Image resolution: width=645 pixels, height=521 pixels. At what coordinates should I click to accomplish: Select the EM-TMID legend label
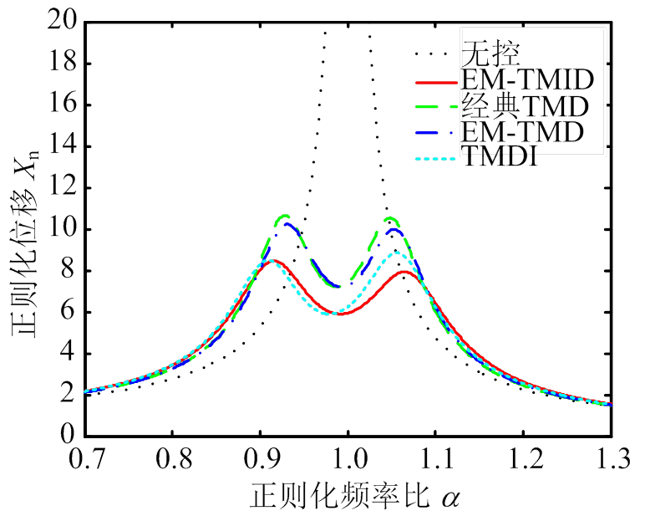coord(526,81)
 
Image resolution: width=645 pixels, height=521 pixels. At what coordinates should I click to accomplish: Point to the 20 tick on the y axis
coord(61,23)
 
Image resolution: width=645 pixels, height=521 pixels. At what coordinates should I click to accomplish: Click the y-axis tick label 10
coord(61,229)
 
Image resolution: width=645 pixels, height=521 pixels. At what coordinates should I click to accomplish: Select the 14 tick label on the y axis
coord(61,147)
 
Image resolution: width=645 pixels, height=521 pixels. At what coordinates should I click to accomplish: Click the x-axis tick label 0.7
coord(84,458)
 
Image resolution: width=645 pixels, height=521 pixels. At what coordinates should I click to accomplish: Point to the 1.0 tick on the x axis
coord(348,458)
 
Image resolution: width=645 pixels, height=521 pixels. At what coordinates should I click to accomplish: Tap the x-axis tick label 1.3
coord(612,458)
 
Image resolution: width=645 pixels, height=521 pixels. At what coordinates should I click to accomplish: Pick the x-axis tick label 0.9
coord(260,458)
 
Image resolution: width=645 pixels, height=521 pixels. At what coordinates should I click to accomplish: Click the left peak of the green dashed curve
coord(284,217)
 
